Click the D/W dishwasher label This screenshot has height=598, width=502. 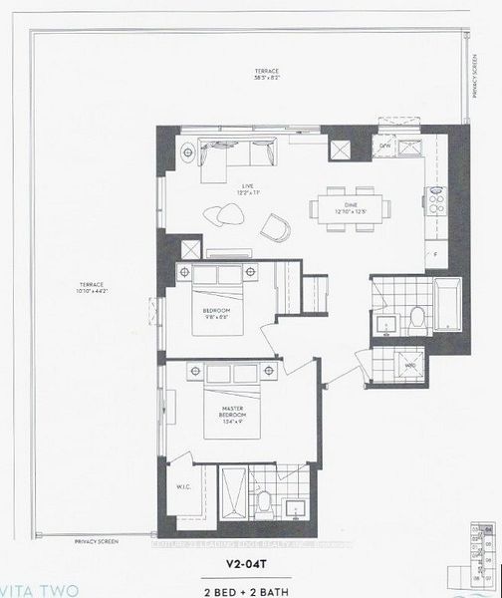pyautogui.click(x=384, y=147)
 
